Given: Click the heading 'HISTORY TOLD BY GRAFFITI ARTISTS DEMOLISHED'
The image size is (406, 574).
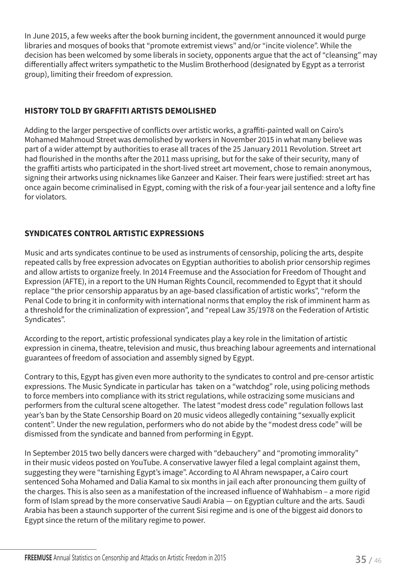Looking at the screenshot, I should point(120,111).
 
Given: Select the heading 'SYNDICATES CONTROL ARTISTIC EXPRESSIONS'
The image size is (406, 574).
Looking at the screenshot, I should point(114,234).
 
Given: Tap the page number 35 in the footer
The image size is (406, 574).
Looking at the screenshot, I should point(361,559).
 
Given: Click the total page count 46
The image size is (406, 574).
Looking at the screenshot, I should point(378,560).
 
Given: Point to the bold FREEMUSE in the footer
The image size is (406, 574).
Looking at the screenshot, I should point(38,558).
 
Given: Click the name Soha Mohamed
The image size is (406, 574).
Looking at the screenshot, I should point(85,482).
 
